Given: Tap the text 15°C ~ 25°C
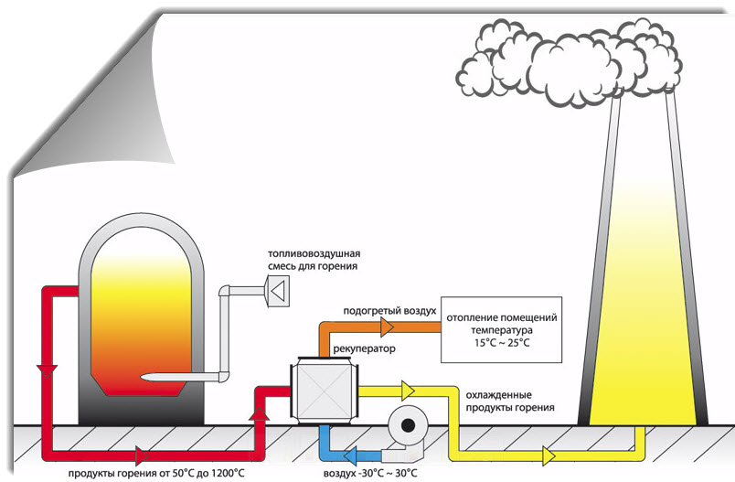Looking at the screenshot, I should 501,342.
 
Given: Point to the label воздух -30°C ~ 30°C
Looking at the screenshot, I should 370,473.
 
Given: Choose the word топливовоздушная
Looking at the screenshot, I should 312,253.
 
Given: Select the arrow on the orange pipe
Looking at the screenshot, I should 388,327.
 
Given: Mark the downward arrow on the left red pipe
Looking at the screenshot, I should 43,370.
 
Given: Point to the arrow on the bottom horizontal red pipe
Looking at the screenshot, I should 142,454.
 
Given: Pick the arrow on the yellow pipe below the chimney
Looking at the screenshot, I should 548,454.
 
